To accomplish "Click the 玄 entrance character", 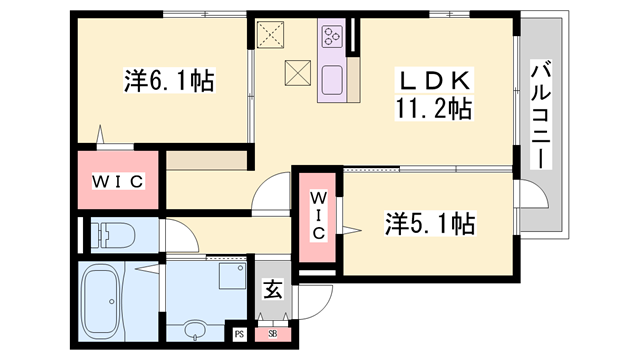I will [271, 292].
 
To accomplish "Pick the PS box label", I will [240, 334].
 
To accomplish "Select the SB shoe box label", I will [272, 334].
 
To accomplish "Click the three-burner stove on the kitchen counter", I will [332, 39].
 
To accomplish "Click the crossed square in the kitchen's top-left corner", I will [272, 36].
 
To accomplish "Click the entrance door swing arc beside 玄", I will [319, 300].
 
